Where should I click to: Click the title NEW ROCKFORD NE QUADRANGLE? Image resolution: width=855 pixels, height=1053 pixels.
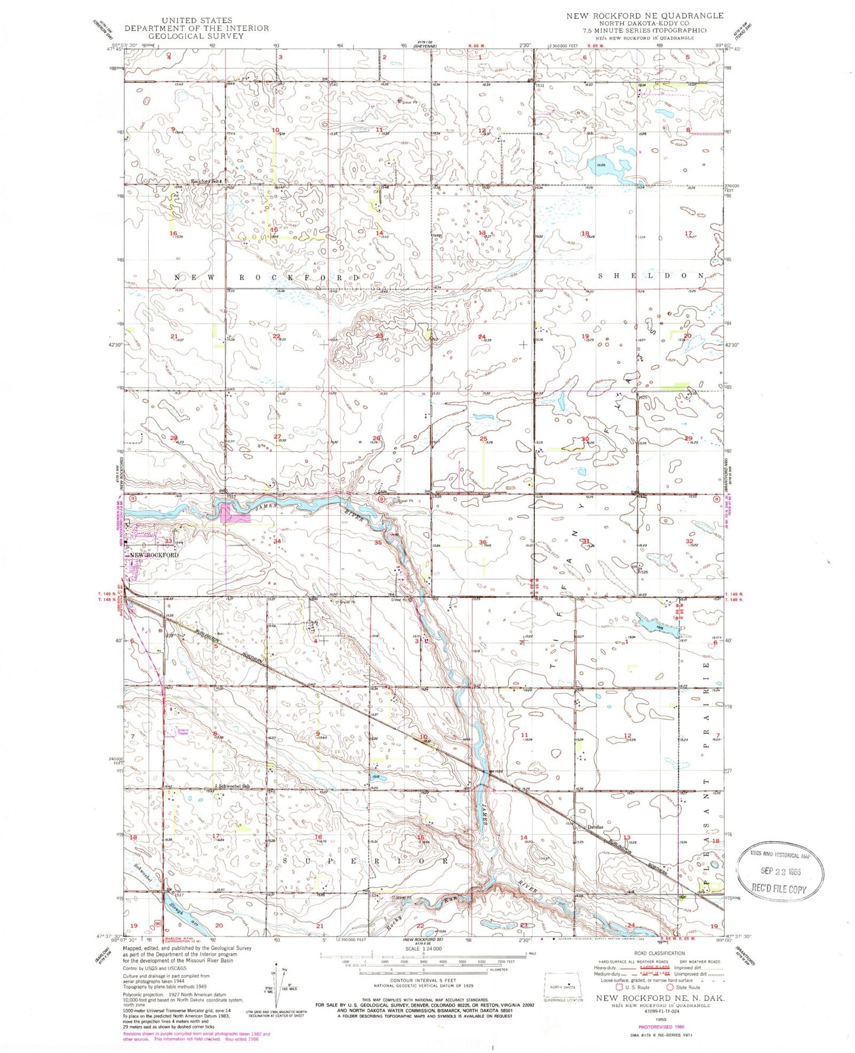click(644, 16)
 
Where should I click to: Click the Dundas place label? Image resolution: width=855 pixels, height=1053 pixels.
click(594, 827)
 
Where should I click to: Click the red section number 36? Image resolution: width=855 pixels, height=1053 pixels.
click(483, 543)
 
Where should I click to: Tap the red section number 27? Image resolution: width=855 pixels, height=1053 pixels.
click(277, 437)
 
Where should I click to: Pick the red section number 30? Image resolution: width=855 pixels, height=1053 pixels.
click(586, 439)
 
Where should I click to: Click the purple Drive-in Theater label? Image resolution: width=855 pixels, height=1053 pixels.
click(183, 731)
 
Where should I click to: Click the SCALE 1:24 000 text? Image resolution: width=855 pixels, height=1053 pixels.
click(424, 949)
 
